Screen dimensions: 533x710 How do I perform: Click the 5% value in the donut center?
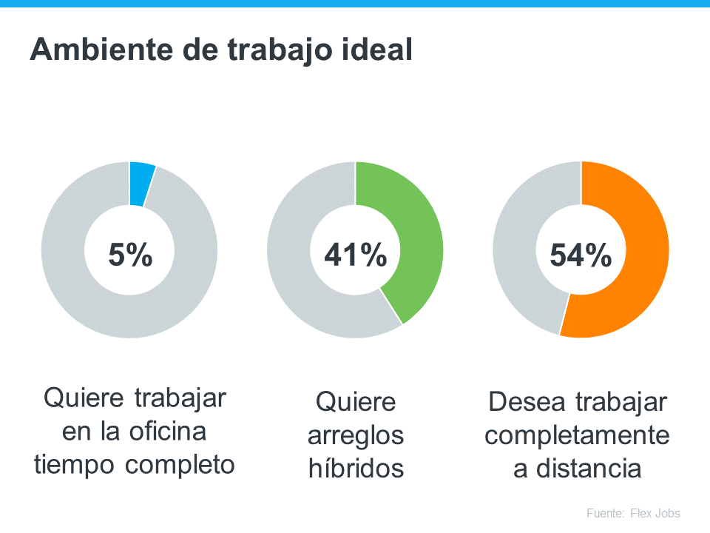click(x=130, y=255)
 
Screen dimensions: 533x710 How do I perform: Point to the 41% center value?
click(x=356, y=255)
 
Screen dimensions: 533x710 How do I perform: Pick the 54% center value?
click(x=581, y=255)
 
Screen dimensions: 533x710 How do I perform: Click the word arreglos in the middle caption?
click(x=356, y=435)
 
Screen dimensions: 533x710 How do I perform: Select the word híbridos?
click(x=356, y=469)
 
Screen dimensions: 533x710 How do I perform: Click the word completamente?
click(x=578, y=435)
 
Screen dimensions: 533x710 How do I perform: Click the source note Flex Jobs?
click(x=654, y=513)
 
